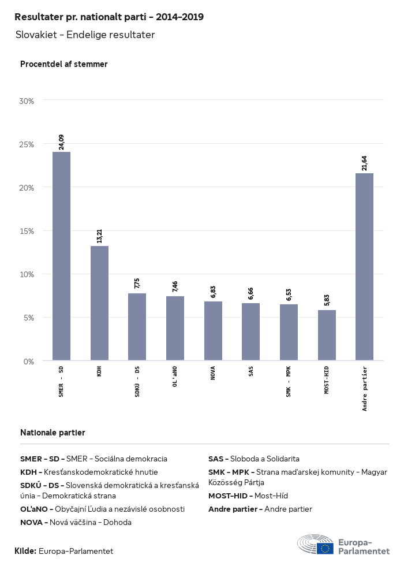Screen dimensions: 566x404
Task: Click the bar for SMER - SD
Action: coord(61,256)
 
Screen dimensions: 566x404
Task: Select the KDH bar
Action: coord(99,303)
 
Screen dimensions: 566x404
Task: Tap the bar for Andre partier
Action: coord(364,267)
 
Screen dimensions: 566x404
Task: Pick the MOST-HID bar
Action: coord(327,336)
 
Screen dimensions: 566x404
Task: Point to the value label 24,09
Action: coord(61,142)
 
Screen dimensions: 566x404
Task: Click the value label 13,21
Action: coord(99,236)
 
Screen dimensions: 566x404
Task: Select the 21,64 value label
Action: coord(364,163)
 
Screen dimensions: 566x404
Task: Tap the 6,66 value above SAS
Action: coord(251,293)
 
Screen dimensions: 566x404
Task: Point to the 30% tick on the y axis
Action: coord(27,100)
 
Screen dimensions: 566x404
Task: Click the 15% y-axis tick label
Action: coord(27,231)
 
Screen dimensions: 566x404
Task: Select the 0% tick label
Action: coord(29,362)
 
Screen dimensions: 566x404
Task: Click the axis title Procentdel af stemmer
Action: coord(64,64)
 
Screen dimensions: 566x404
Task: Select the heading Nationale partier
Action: coord(53,433)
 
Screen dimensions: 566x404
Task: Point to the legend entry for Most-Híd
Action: coord(248,496)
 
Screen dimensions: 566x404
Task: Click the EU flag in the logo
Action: coord(325,548)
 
